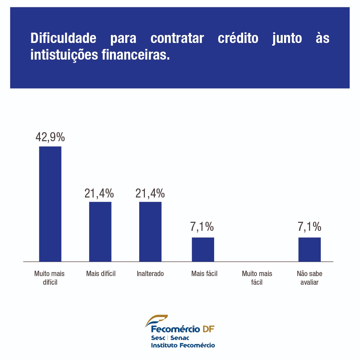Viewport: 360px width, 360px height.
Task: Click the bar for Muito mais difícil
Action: tap(50, 204)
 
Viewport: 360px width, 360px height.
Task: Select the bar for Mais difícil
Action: tap(100, 231)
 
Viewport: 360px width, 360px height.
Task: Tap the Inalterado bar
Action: tap(150, 231)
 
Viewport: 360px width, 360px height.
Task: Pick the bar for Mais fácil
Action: tap(203, 249)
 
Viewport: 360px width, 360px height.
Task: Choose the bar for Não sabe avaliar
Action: tap(309, 249)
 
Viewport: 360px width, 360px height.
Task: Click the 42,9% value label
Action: tap(50, 137)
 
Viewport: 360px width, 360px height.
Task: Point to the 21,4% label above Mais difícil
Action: tap(99, 193)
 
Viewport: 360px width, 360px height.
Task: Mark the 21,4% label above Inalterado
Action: tap(150, 193)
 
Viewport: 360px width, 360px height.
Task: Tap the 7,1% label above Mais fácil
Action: tap(202, 227)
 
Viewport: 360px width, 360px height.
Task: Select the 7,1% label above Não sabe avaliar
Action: tap(309, 227)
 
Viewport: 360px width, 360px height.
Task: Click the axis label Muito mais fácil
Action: tap(257, 278)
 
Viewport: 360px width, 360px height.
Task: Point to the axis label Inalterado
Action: tap(150, 274)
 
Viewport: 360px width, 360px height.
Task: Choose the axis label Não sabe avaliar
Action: tap(309, 278)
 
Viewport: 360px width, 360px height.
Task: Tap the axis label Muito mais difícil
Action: tap(49, 278)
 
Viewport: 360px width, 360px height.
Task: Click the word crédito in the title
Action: tap(238, 39)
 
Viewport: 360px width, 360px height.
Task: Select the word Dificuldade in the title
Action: tap(63, 39)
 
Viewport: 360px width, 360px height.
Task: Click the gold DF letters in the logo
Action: tap(208, 329)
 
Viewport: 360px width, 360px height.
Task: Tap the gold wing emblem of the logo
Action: tap(156, 320)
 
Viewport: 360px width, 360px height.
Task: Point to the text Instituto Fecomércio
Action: tap(183, 345)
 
